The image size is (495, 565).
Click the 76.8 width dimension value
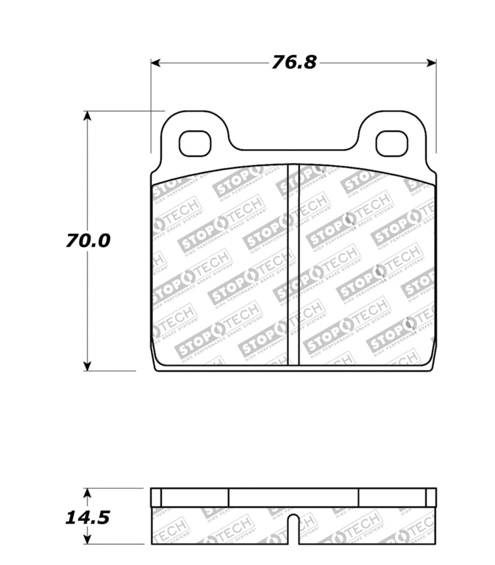coord(293,63)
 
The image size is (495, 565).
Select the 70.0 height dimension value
coord(88,240)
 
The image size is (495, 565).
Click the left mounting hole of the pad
coord(195,144)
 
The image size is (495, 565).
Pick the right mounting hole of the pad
coord(392,144)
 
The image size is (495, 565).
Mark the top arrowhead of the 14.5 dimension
coord(87,493)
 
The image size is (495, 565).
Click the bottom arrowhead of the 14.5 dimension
coord(87,540)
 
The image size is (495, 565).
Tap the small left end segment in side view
coord(156,498)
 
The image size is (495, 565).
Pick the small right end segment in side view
coord(431,498)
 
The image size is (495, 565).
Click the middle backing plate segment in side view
coord(294,498)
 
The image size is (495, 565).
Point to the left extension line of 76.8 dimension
coord(151,105)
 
